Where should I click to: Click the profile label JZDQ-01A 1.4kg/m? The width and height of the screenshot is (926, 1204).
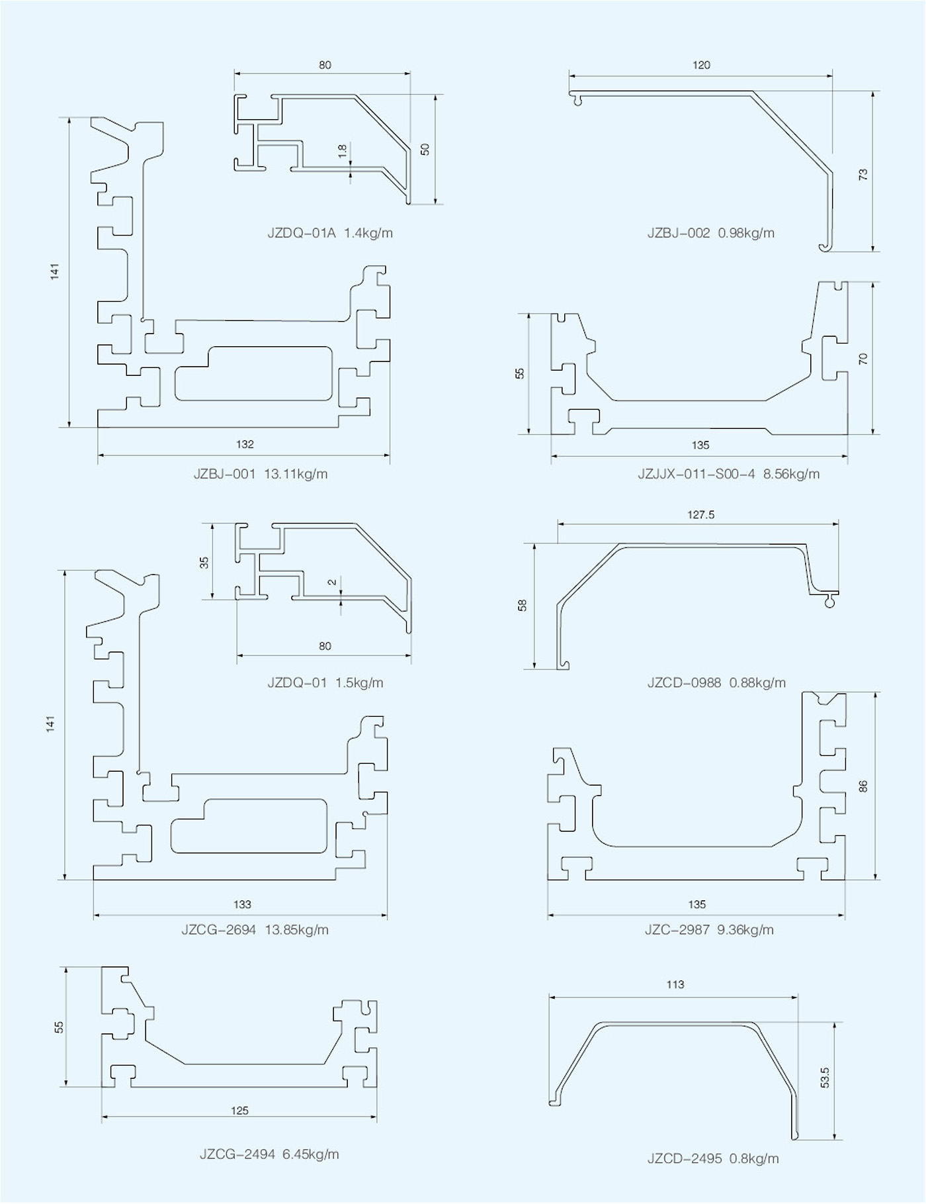[330, 233]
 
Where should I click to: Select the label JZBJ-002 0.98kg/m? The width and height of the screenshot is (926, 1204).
[710, 233]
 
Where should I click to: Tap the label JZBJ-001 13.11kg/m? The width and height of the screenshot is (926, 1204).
[260, 474]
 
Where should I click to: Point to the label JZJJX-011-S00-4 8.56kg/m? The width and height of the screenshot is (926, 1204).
[728, 474]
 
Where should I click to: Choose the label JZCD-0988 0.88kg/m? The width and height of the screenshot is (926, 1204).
[716, 682]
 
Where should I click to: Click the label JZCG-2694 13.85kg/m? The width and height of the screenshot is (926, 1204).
[255, 929]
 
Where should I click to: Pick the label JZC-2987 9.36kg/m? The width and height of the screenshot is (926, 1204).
[709, 929]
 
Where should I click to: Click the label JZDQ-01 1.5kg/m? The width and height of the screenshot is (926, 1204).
[325, 682]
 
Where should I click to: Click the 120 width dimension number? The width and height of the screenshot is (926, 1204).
[701, 65]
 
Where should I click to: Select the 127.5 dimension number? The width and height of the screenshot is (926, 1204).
[700, 514]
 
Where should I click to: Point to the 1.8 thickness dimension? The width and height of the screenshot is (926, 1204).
[342, 151]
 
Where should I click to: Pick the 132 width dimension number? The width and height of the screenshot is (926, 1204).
[245, 444]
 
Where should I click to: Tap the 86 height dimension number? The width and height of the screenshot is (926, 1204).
[863, 786]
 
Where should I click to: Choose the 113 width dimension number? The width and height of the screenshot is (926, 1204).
[675, 984]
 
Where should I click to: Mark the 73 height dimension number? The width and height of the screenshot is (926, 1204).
[863, 174]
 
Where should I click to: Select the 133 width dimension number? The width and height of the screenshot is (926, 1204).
[242, 904]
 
